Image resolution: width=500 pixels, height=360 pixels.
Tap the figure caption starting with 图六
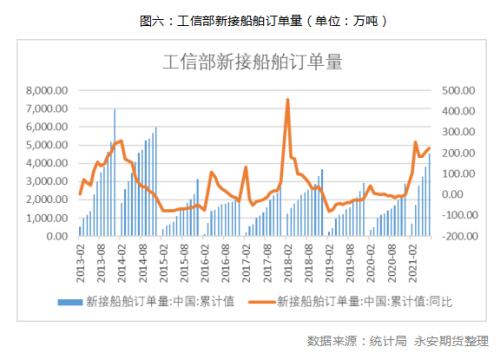pos(250,19)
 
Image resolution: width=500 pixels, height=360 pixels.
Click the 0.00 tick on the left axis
pos(56,237)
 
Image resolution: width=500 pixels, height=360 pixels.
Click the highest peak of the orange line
pos(288,99)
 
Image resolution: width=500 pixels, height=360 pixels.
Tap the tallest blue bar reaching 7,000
pos(114,109)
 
